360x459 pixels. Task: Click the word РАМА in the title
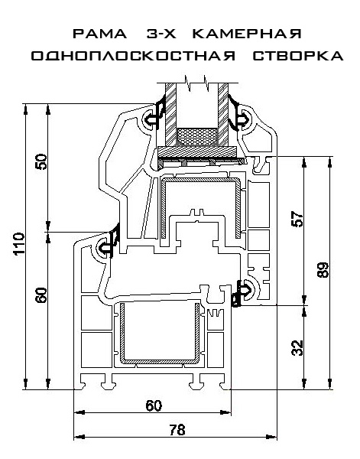(99, 34)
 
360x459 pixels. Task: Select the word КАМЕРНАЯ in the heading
(247, 34)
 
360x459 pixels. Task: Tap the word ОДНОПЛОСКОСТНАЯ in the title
(133, 56)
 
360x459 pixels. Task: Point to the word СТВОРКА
(298, 56)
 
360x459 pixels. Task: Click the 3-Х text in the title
(161, 34)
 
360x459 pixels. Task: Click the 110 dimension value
(19, 244)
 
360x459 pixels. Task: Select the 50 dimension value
(41, 161)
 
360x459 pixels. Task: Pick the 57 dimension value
(298, 220)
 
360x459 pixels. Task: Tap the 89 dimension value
(323, 269)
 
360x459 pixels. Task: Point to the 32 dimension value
(298, 348)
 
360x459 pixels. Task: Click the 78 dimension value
(177, 430)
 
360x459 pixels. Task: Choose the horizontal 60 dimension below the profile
(154, 405)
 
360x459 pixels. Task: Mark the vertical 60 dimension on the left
(41, 295)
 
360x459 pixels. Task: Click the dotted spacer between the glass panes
(197, 137)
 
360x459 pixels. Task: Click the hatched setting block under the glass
(197, 152)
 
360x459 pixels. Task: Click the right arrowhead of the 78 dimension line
(272, 437)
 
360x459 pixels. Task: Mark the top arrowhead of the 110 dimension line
(25, 109)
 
